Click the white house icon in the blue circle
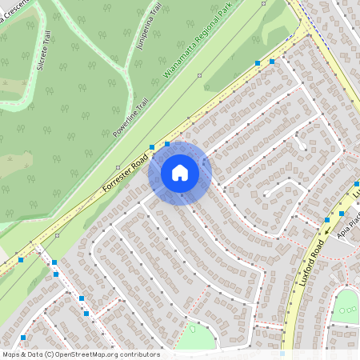click(x=180, y=172)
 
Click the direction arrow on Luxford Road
click(x=327, y=233)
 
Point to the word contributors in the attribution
click(x=141, y=354)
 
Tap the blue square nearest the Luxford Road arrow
click(x=327, y=220)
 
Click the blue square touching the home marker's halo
click(x=167, y=144)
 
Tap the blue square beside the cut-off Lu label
click(x=356, y=184)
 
